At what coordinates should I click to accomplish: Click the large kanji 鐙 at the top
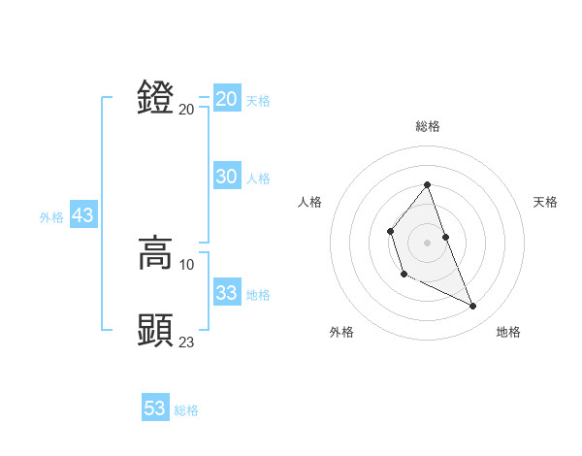(x=156, y=98)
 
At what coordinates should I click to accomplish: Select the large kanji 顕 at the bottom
(x=156, y=331)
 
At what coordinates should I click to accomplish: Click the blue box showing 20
(x=227, y=99)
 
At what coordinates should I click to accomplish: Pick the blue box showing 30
(x=227, y=177)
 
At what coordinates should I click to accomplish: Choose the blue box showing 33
(x=227, y=293)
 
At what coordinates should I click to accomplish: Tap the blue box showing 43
(x=82, y=216)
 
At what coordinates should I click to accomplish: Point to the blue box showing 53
(x=155, y=408)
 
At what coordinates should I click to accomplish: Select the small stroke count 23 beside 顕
(x=187, y=342)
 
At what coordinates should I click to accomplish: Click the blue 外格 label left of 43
(x=51, y=217)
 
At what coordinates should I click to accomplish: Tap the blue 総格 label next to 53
(x=186, y=410)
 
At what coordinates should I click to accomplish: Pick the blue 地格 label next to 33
(x=258, y=295)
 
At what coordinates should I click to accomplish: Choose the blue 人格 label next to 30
(x=258, y=179)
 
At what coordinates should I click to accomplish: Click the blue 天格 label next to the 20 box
(x=258, y=101)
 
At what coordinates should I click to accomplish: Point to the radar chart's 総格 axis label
(x=427, y=126)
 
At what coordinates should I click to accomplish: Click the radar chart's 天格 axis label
(x=545, y=202)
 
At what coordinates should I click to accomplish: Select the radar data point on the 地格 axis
(x=473, y=307)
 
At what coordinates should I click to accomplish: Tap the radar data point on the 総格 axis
(x=427, y=185)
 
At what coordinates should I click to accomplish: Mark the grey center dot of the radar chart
(x=427, y=242)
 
